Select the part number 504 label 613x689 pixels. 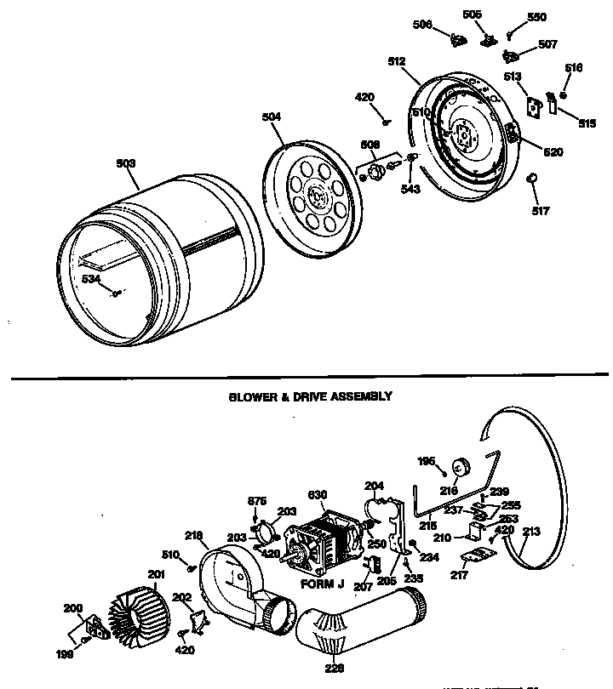coord(271,117)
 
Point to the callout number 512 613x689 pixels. coord(396,61)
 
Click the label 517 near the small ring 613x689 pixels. coord(540,210)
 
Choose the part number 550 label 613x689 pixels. coord(536,17)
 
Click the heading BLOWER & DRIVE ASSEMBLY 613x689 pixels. coord(310,396)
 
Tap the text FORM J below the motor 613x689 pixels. coord(322,585)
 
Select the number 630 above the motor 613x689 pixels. coord(317,496)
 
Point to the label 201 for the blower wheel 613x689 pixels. coord(156,574)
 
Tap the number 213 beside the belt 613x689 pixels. coord(531,532)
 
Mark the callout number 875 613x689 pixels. coord(257,500)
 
